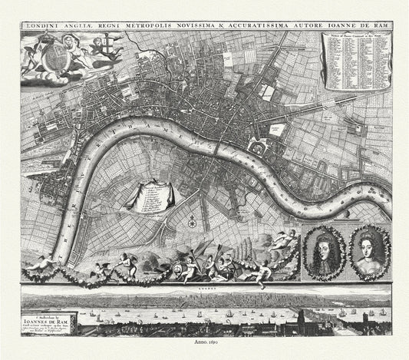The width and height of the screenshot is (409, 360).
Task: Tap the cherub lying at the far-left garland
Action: coord(42,264)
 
